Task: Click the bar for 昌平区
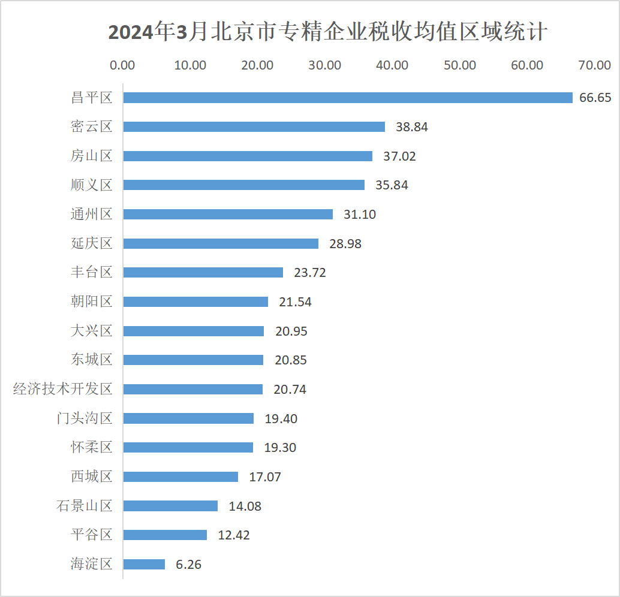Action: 348,98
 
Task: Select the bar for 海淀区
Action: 144,564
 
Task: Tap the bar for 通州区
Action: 228,214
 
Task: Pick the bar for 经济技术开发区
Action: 193,389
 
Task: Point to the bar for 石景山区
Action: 170,506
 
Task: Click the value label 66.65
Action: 595,98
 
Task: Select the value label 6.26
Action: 188,564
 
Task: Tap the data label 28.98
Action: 345,243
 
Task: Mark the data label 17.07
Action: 265,477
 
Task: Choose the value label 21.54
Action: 295,302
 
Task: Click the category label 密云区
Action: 92,126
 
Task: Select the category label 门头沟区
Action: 85,418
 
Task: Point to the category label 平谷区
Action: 92,535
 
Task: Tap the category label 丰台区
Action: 92,272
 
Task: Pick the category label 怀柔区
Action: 92,447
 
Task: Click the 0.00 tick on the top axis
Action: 123,65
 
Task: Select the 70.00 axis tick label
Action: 594,65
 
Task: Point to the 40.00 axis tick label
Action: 392,65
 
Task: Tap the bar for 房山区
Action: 248,156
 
